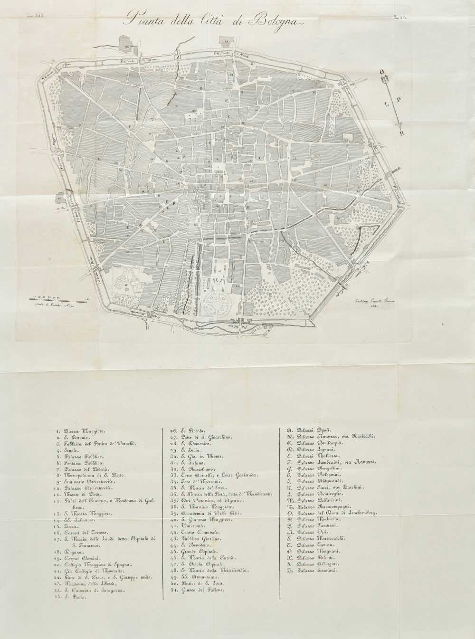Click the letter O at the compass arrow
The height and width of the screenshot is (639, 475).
pos(381,72)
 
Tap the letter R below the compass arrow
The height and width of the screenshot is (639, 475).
pos(402,134)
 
